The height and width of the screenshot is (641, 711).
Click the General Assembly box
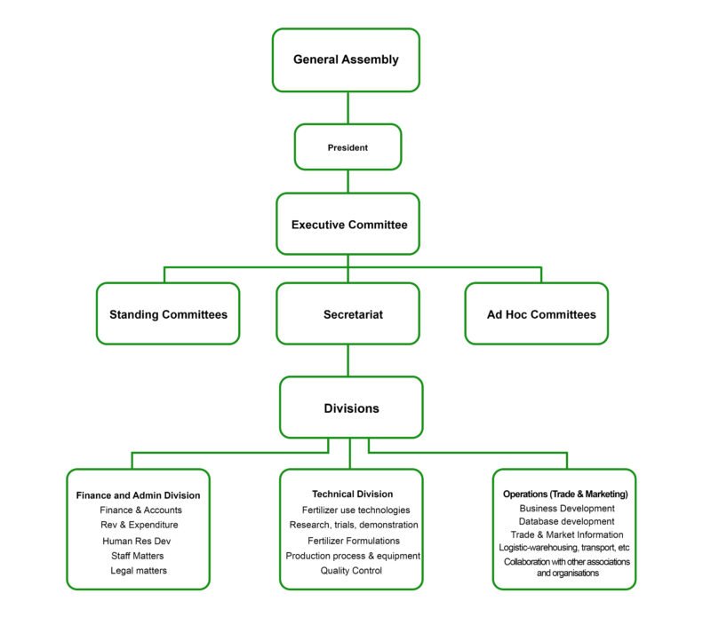point(346,60)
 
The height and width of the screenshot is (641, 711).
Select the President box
point(348,146)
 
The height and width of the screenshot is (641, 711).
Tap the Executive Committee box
point(348,225)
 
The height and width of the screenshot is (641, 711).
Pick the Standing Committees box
point(168,314)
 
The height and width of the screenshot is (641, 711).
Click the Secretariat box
point(348,314)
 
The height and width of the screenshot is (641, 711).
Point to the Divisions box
point(351,408)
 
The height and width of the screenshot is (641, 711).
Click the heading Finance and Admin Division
point(138,495)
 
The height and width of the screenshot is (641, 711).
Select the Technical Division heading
point(352,494)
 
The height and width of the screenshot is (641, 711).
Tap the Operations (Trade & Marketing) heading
point(565,494)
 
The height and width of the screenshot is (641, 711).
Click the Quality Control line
point(351,571)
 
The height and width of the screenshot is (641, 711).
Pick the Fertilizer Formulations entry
point(353,541)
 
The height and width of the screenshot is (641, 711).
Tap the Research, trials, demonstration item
point(353,525)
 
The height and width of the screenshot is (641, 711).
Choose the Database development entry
point(566,521)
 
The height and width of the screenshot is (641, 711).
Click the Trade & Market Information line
point(566,534)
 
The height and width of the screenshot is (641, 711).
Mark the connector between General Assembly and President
point(348,107)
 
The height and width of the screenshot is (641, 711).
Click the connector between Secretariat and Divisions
point(348,360)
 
